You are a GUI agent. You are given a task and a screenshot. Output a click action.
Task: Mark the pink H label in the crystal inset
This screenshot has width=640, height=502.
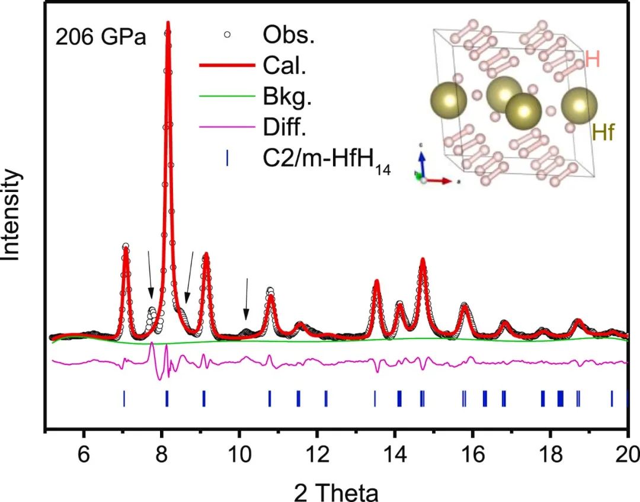(591, 59)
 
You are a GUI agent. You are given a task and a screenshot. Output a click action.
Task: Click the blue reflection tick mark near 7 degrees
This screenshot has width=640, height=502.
(124, 398)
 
